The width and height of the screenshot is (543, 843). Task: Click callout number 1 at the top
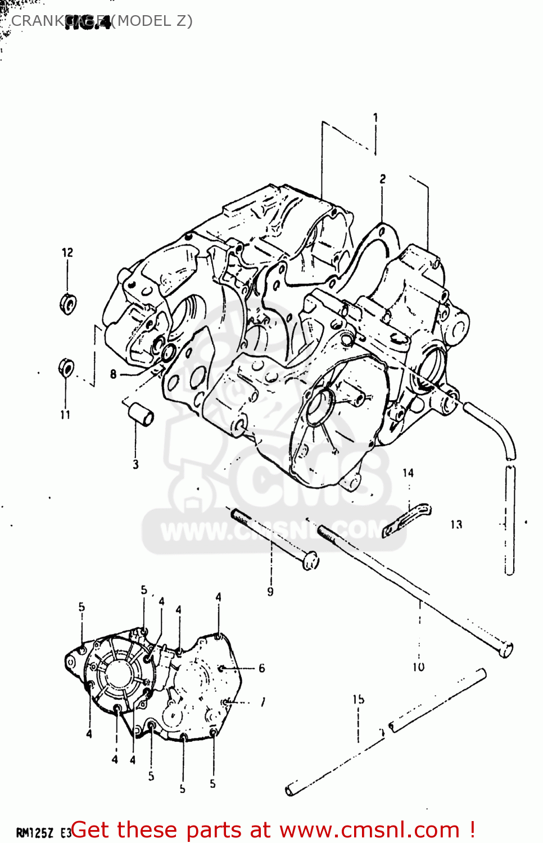[375, 117]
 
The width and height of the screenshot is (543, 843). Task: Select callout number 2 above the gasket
[382, 179]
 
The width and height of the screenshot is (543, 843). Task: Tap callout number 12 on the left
[67, 252]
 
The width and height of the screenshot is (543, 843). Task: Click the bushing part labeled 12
[68, 303]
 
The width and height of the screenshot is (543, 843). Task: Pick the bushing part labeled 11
[66, 368]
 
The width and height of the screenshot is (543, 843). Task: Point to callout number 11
[66, 415]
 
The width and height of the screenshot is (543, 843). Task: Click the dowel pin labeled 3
[141, 414]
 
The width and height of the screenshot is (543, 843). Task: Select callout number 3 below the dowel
[135, 464]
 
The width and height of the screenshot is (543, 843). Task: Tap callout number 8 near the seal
[114, 374]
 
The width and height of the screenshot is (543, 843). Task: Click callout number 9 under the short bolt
[270, 591]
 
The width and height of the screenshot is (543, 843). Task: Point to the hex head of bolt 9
[311, 560]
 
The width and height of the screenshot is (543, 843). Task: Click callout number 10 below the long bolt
[419, 667]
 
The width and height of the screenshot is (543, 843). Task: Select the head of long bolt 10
[505, 650]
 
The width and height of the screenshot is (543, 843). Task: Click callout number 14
[408, 473]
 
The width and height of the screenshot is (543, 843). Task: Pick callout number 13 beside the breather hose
[456, 524]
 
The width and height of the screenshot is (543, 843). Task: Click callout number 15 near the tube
[359, 699]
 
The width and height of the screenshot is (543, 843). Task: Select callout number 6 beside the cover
[261, 668]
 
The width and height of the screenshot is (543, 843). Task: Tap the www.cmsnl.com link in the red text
[369, 830]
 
